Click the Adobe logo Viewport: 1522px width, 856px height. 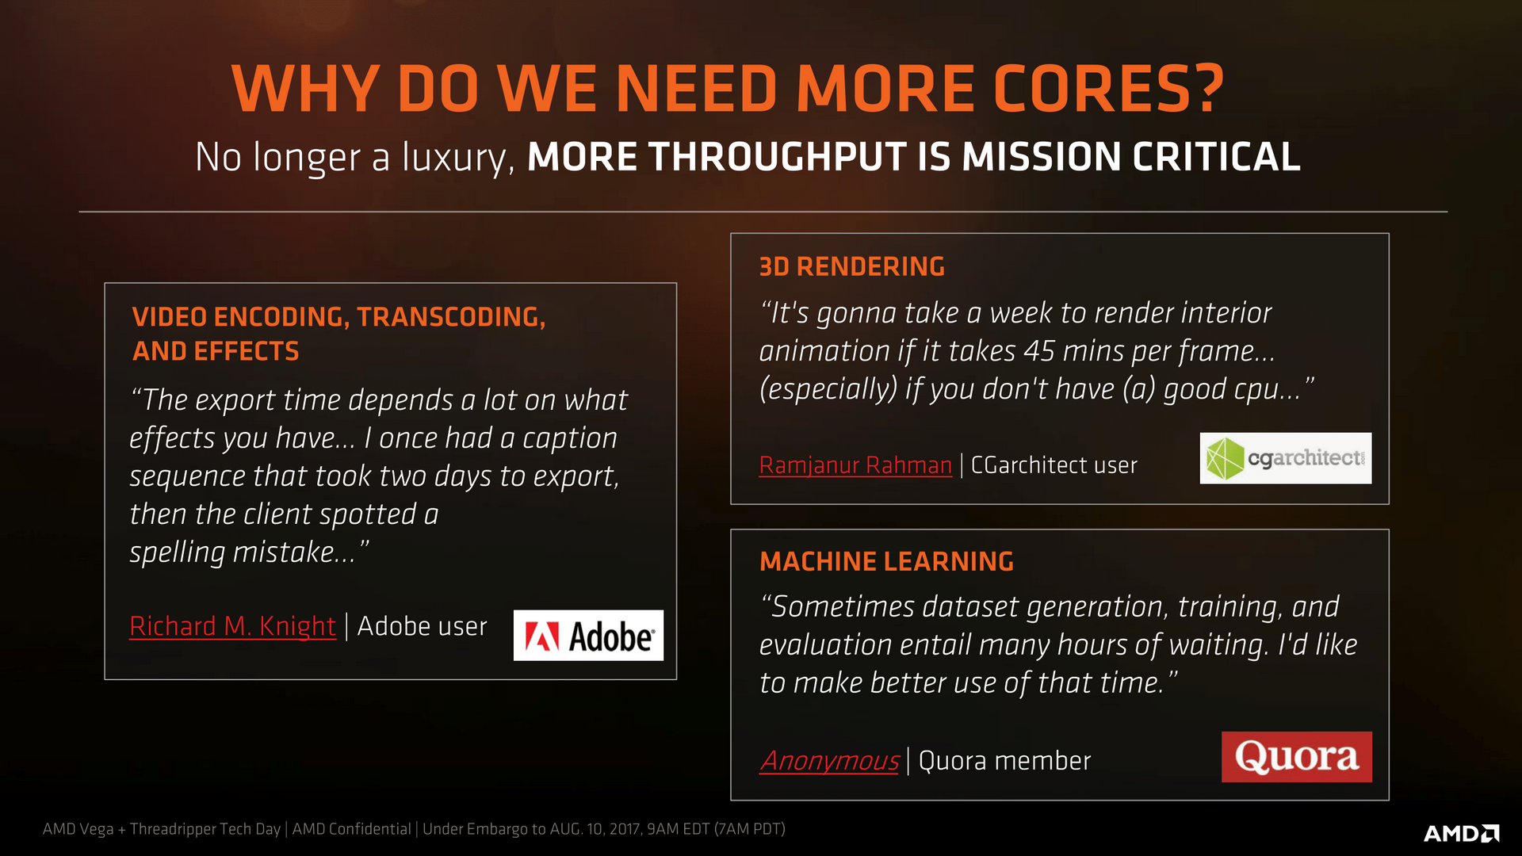click(588, 635)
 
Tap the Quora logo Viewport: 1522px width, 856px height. click(1296, 757)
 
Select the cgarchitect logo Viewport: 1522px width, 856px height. click(1285, 458)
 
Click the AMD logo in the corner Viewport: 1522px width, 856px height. click(1461, 833)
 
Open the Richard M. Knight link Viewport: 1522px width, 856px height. click(232, 626)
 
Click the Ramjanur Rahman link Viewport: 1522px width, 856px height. click(855, 465)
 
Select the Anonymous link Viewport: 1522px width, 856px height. click(829, 761)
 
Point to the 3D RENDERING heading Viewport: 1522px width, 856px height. click(851, 267)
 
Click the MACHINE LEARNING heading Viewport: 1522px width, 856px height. click(886, 562)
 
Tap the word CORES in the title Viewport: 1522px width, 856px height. click(1107, 89)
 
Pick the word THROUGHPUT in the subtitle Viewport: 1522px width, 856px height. click(778, 157)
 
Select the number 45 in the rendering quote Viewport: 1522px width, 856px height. click(1039, 351)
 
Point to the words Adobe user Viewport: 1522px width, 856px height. click(422, 626)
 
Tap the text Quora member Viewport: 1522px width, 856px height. click(1004, 761)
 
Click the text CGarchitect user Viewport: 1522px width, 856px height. click(1054, 465)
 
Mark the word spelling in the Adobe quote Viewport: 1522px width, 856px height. click(178, 552)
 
